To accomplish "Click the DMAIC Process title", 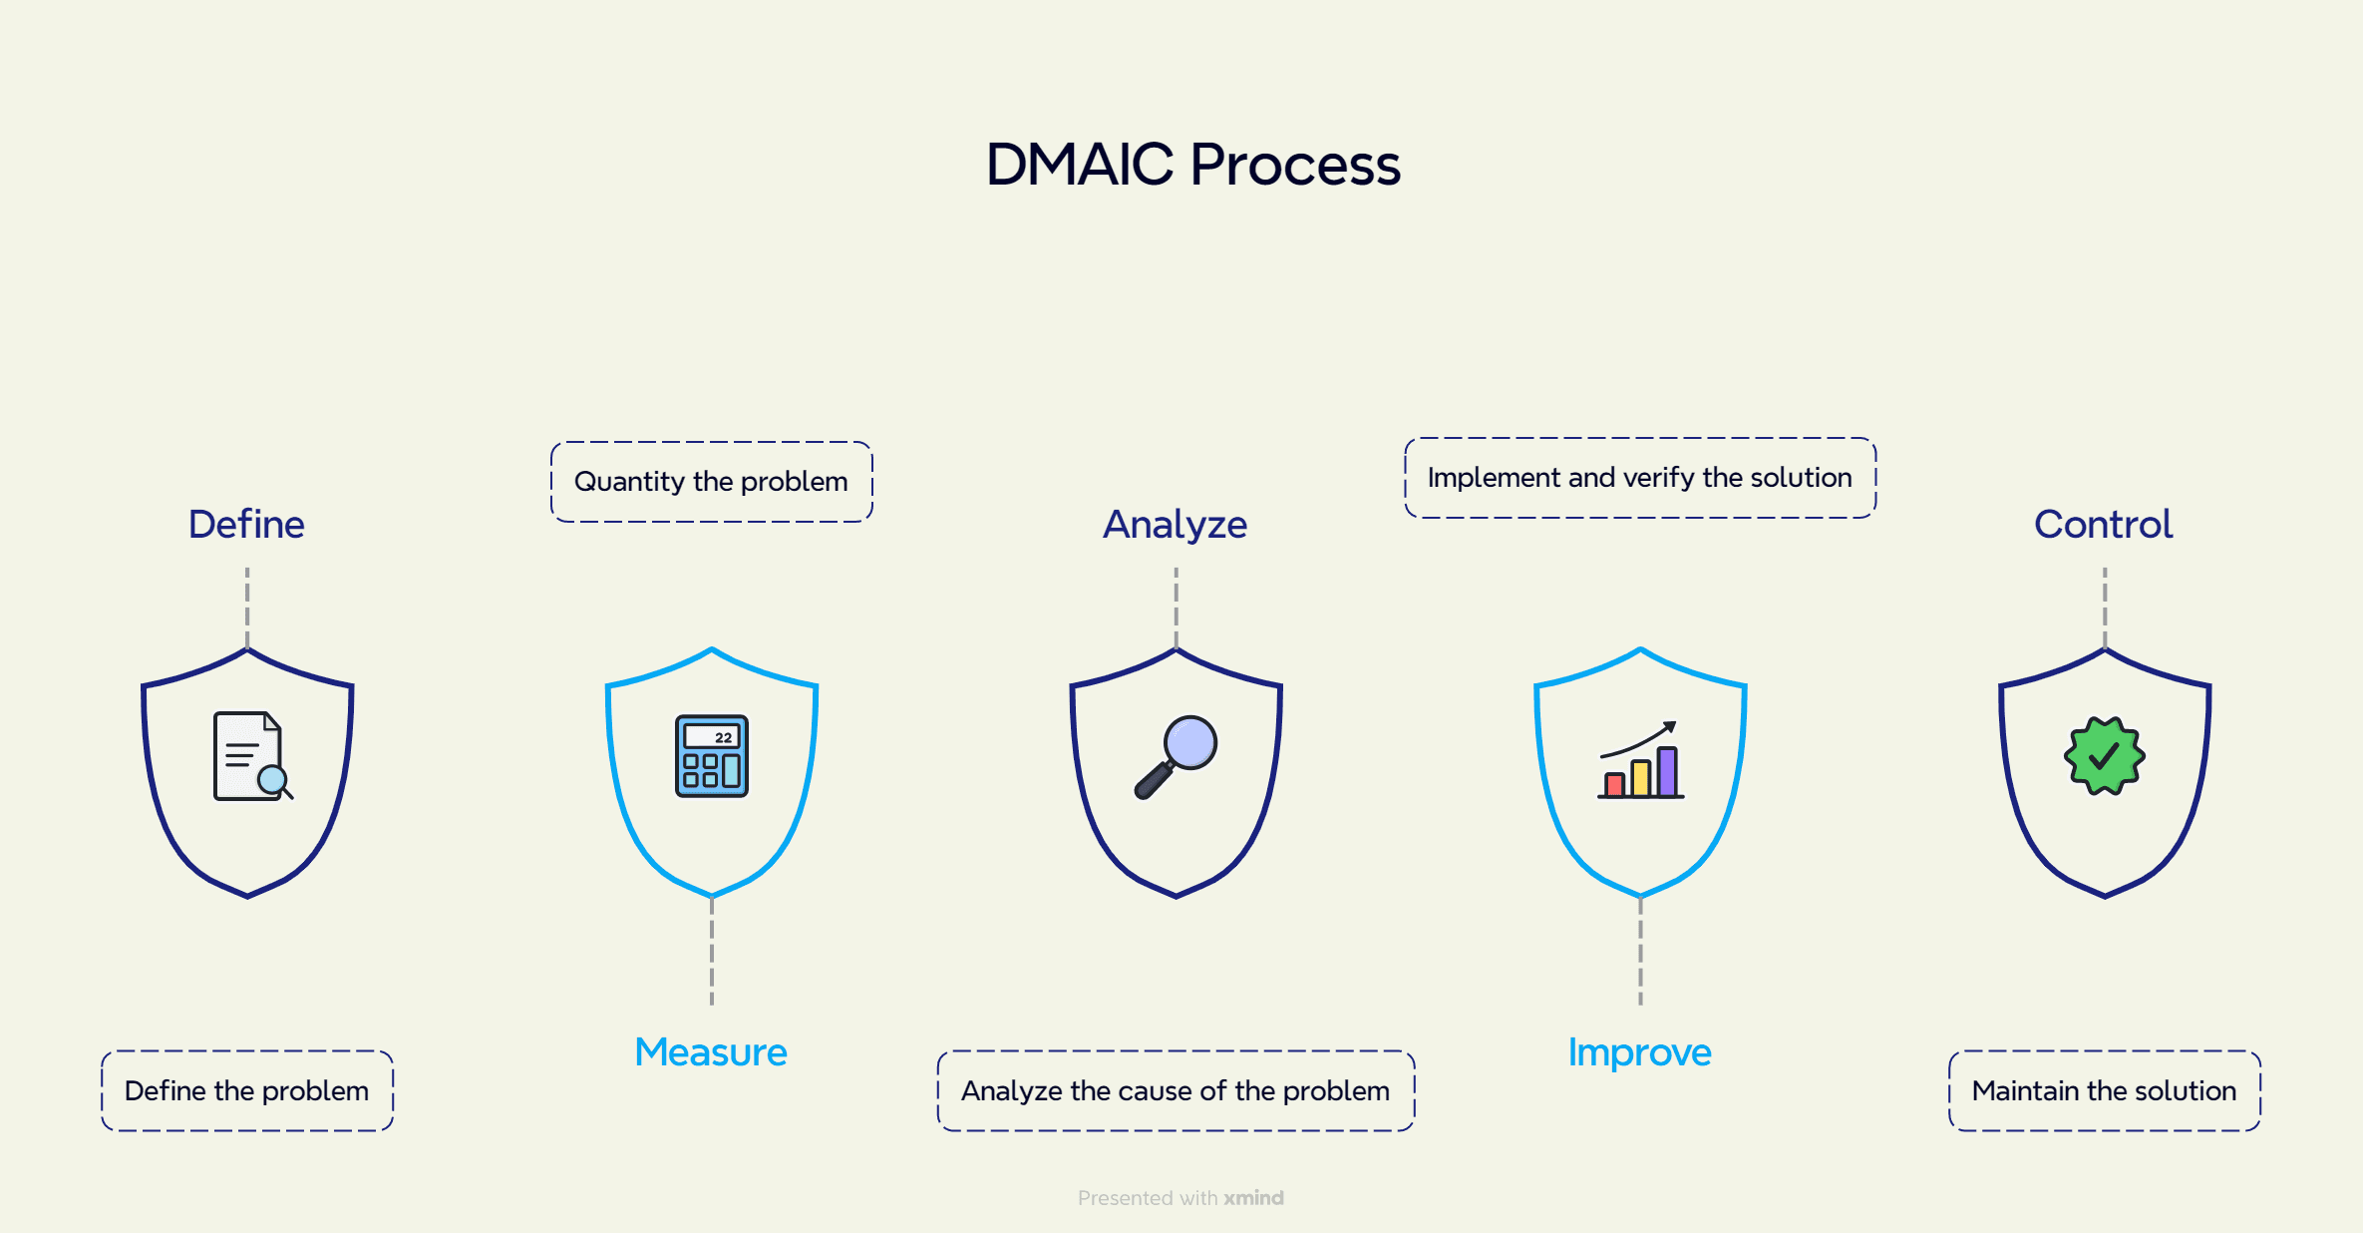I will [1192, 165].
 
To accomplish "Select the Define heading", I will [246, 525].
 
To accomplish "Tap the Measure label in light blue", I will [711, 1052].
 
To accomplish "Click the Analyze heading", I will [1175, 525].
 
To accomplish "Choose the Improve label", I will [1639, 1052].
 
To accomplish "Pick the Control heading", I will [2103, 525].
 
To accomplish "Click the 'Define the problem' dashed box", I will [247, 1090].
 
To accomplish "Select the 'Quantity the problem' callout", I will [711, 482].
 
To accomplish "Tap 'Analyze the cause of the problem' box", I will [1176, 1090].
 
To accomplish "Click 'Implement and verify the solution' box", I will [1640, 478].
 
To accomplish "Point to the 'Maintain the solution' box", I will [2104, 1090].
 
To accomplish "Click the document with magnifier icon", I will [251, 756].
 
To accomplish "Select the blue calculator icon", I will [711, 756].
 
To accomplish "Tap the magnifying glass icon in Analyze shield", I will [1177, 756].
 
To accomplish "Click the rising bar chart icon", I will [1640, 760].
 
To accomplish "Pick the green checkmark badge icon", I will [2104, 756].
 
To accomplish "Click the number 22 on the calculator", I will [723, 738].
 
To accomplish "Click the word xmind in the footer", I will [1253, 1198].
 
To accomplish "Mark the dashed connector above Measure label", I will [711, 953].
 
